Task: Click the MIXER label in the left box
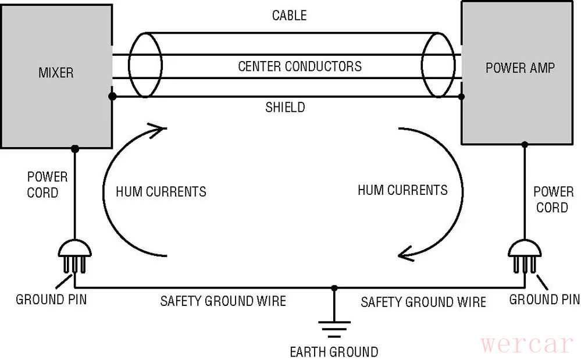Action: [x=56, y=73]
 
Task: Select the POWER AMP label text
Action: [x=520, y=68]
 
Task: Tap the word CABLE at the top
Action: [x=289, y=16]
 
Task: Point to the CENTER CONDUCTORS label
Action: [x=300, y=66]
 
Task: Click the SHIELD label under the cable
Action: [x=285, y=107]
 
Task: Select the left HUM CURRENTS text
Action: [x=161, y=191]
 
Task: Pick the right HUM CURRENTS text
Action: [x=402, y=190]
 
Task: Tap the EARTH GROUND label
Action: [x=334, y=351]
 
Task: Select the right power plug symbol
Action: [x=525, y=256]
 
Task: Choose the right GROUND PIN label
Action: [x=544, y=300]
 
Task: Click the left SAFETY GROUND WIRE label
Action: [x=223, y=301]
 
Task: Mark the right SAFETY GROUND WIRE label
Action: [x=423, y=302]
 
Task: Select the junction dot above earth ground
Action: [x=334, y=288]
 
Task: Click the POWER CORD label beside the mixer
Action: [x=47, y=184]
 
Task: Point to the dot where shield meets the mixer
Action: [x=112, y=97]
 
